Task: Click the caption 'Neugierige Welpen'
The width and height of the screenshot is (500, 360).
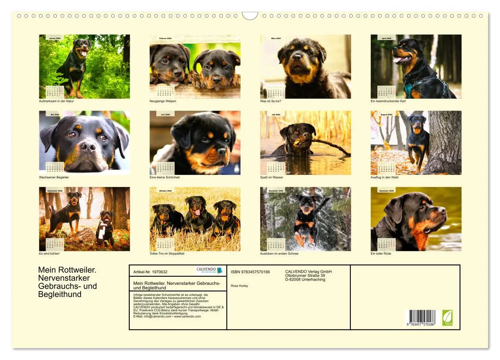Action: click(x=163, y=101)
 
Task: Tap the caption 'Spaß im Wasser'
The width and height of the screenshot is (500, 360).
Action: click(x=271, y=177)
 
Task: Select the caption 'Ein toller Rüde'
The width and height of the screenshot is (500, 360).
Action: click(x=381, y=253)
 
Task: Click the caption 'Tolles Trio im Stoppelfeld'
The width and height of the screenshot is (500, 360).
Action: click(x=167, y=253)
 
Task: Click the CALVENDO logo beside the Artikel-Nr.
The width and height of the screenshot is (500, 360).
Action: click(x=209, y=270)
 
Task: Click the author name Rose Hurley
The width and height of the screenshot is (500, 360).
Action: click(x=239, y=286)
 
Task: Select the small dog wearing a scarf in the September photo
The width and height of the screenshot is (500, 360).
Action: click(x=105, y=228)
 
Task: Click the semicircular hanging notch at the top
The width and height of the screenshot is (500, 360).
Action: click(x=250, y=15)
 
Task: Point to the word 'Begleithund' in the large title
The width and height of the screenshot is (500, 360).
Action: click(x=60, y=294)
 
